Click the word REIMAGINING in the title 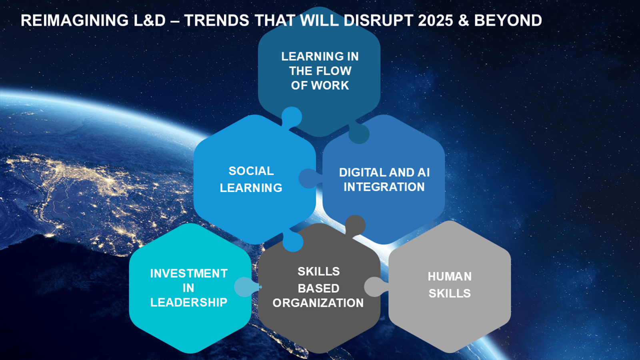(x=75, y=20)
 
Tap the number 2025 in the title (x=436, y=20)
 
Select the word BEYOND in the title (x=508, y=20)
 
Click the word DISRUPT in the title (x=378, y=20)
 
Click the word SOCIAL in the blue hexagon (x=251, y=171)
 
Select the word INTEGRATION (x=384, y=187)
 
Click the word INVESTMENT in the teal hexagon (x=189, y=274)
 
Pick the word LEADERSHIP (x=189, y=302)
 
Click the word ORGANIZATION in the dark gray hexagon (x=318, y=303)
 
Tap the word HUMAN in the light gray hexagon (x=450, y=276)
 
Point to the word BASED (x=318, y=288)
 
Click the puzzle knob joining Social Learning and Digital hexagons (x=309, y=178)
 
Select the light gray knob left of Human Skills (x=375, y=286)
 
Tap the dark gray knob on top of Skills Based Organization (x=355, y=226)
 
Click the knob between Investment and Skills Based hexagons (x=246, y=287)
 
